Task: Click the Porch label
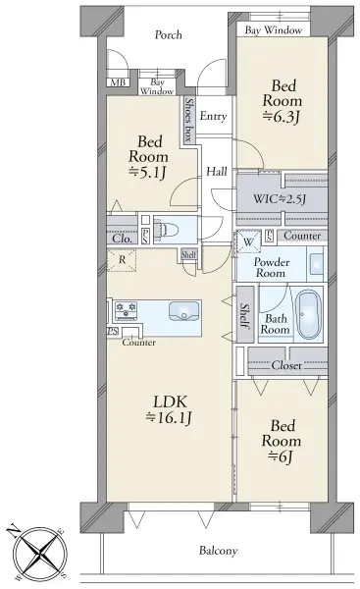point(169,35)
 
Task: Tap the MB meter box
point(119,82)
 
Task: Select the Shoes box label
point(189,120)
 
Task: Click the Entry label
point(213,116)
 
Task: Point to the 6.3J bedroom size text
point(282,117)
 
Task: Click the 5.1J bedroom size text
point(148,173)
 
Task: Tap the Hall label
point(217,172)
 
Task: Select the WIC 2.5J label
point(280,198)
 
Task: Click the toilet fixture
point(170,229)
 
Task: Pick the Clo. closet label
point(122,239)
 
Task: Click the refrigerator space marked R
point(122,259)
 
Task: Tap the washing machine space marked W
point(248,241)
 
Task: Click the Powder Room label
point(272,267)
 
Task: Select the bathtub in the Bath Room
point(309,314)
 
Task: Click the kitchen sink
point(183,311)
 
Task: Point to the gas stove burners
point(126,310)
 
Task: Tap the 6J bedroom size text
point(282,456)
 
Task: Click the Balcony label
point(219,551)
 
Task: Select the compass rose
point(38,553)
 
